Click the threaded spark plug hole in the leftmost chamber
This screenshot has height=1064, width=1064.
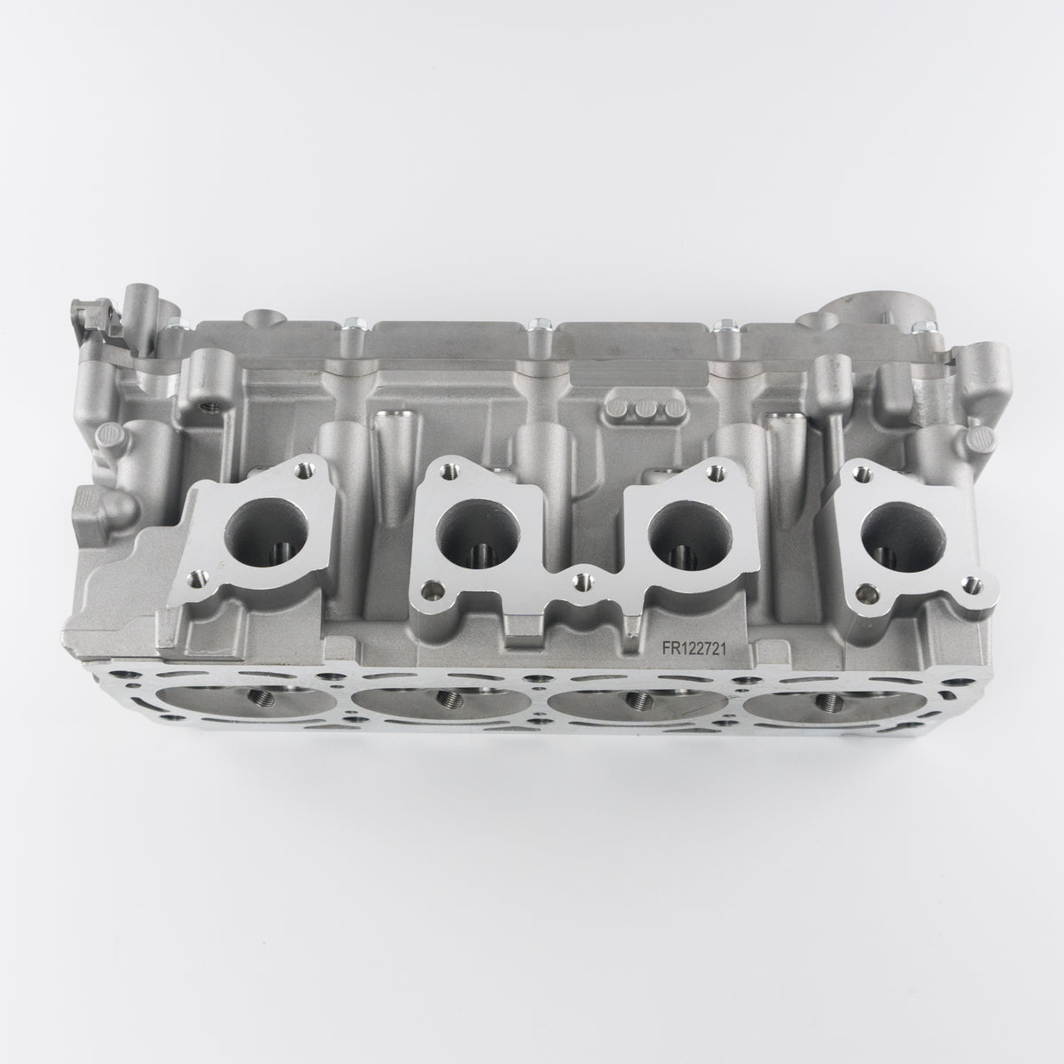point(262,699)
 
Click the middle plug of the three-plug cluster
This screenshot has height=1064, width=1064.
point(644,409)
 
